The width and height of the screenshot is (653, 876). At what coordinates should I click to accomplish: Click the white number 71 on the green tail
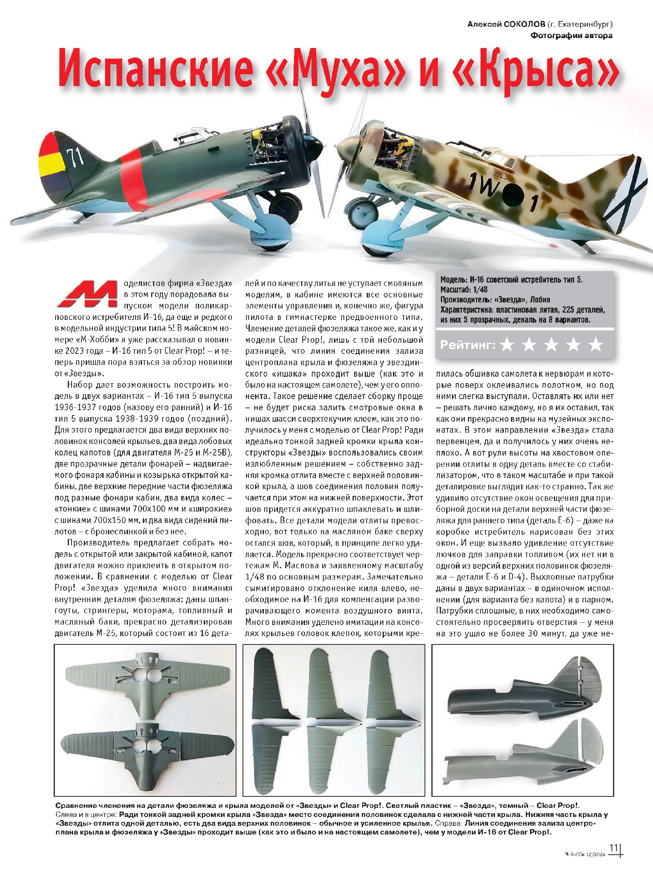click(x=75, y=157)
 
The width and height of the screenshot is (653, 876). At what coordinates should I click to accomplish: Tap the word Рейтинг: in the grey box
click(x=468, y=345)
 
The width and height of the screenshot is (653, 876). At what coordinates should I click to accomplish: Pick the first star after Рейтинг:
click(x=507, y=345)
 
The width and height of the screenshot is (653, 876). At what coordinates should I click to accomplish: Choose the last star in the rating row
click(x=596, y=345)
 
